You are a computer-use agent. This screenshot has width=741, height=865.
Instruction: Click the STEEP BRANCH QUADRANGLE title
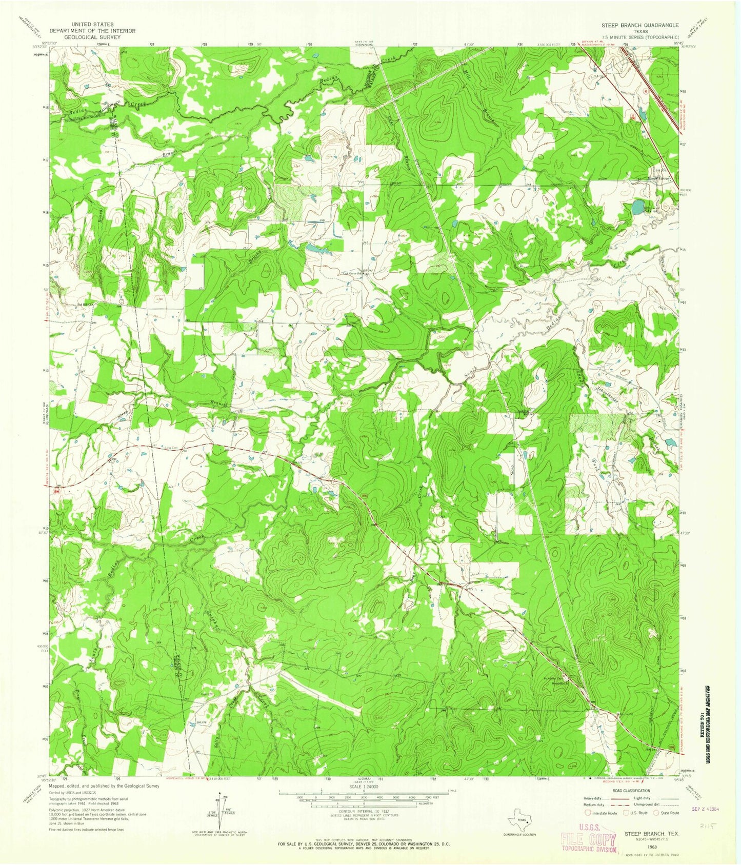tap(640, 25)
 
